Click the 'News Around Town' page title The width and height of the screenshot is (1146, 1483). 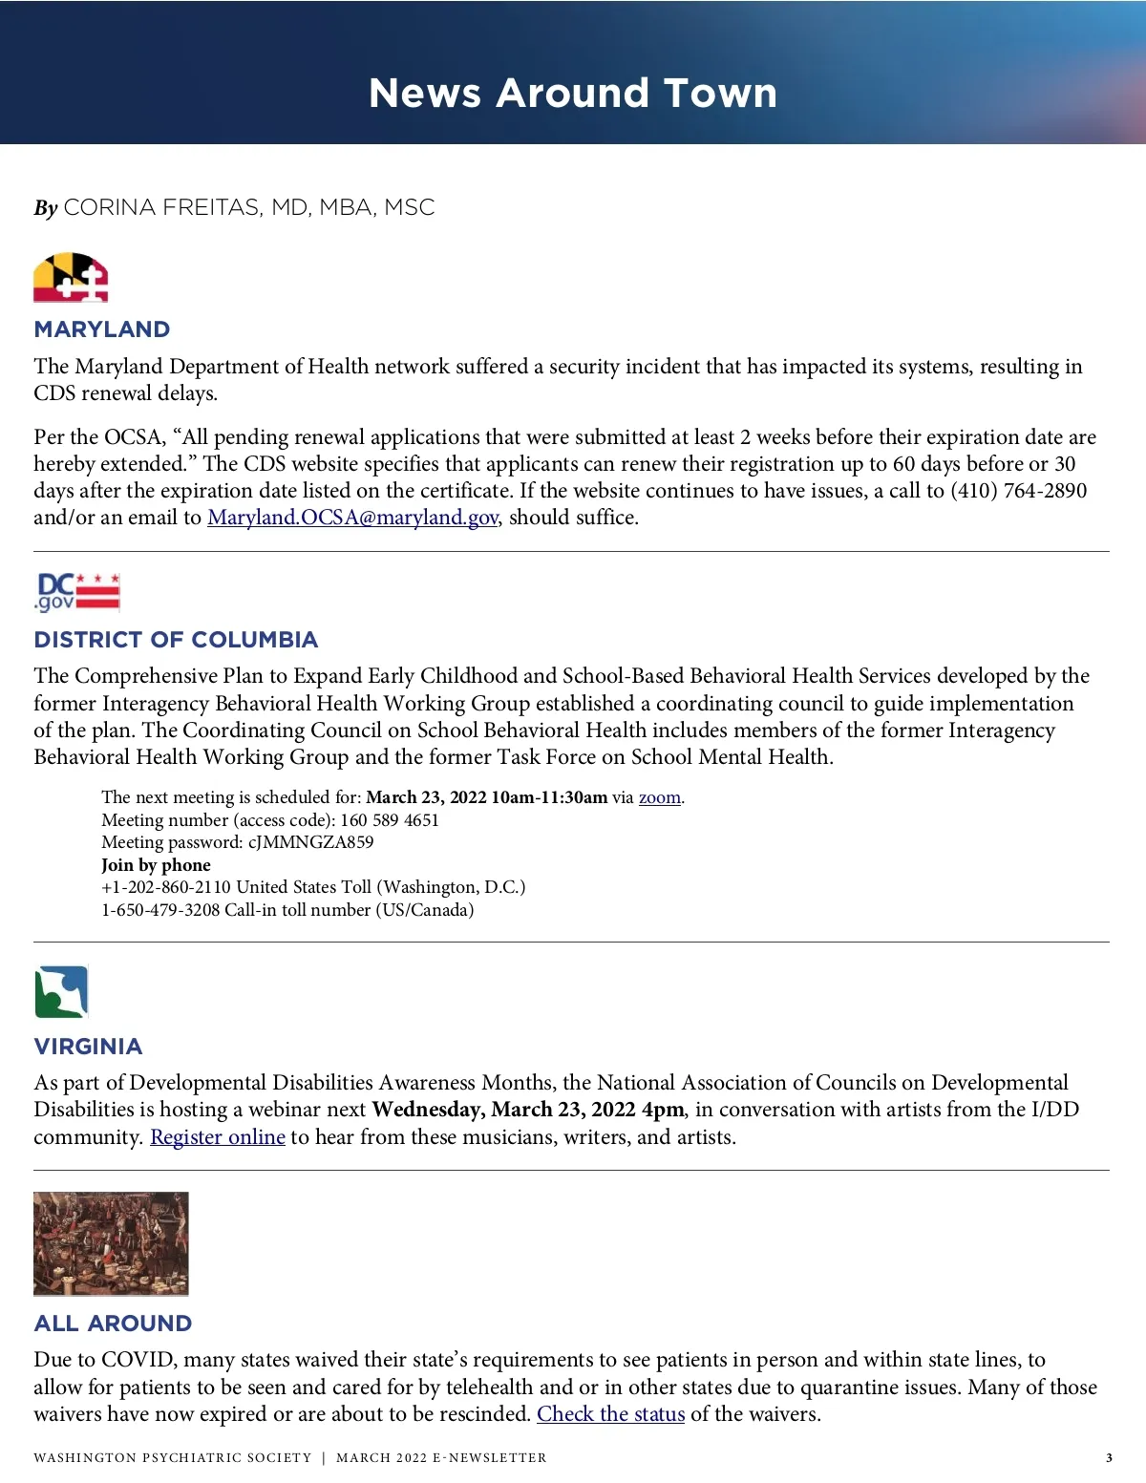[x=573, y=94]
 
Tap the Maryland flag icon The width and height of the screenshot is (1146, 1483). [x=71, y=278]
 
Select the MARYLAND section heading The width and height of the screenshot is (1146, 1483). [x=102, y=329]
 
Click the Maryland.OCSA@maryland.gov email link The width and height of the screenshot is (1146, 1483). [x=352, y=518]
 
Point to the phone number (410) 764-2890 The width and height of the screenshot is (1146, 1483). [x=1018, y=491]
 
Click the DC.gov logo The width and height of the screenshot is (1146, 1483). [x=77, y=592]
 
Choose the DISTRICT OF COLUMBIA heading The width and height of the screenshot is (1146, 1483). [x=176, y=640]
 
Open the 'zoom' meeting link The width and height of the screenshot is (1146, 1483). [x=659, y=797]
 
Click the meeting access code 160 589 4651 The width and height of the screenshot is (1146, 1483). [x=390, y=820]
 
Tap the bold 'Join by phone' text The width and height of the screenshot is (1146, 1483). [x=156, y=865]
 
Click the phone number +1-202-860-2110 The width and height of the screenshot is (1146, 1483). [x=166, y=887]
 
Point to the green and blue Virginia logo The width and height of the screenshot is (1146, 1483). [x=61, y=992]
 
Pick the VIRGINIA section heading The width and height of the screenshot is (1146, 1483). [x=88, y=1047]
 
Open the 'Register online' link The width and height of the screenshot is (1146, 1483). [x=218, y=1137]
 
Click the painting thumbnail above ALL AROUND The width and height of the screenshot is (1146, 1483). [x=111, y=1243]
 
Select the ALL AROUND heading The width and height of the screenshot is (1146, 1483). [x=113, y=1324]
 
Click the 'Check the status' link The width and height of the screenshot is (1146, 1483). [x=610, y=1414]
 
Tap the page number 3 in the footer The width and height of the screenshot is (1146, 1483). [x=1109, y=1458]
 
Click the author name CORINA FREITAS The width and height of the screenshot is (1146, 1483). [x=162, y=207]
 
